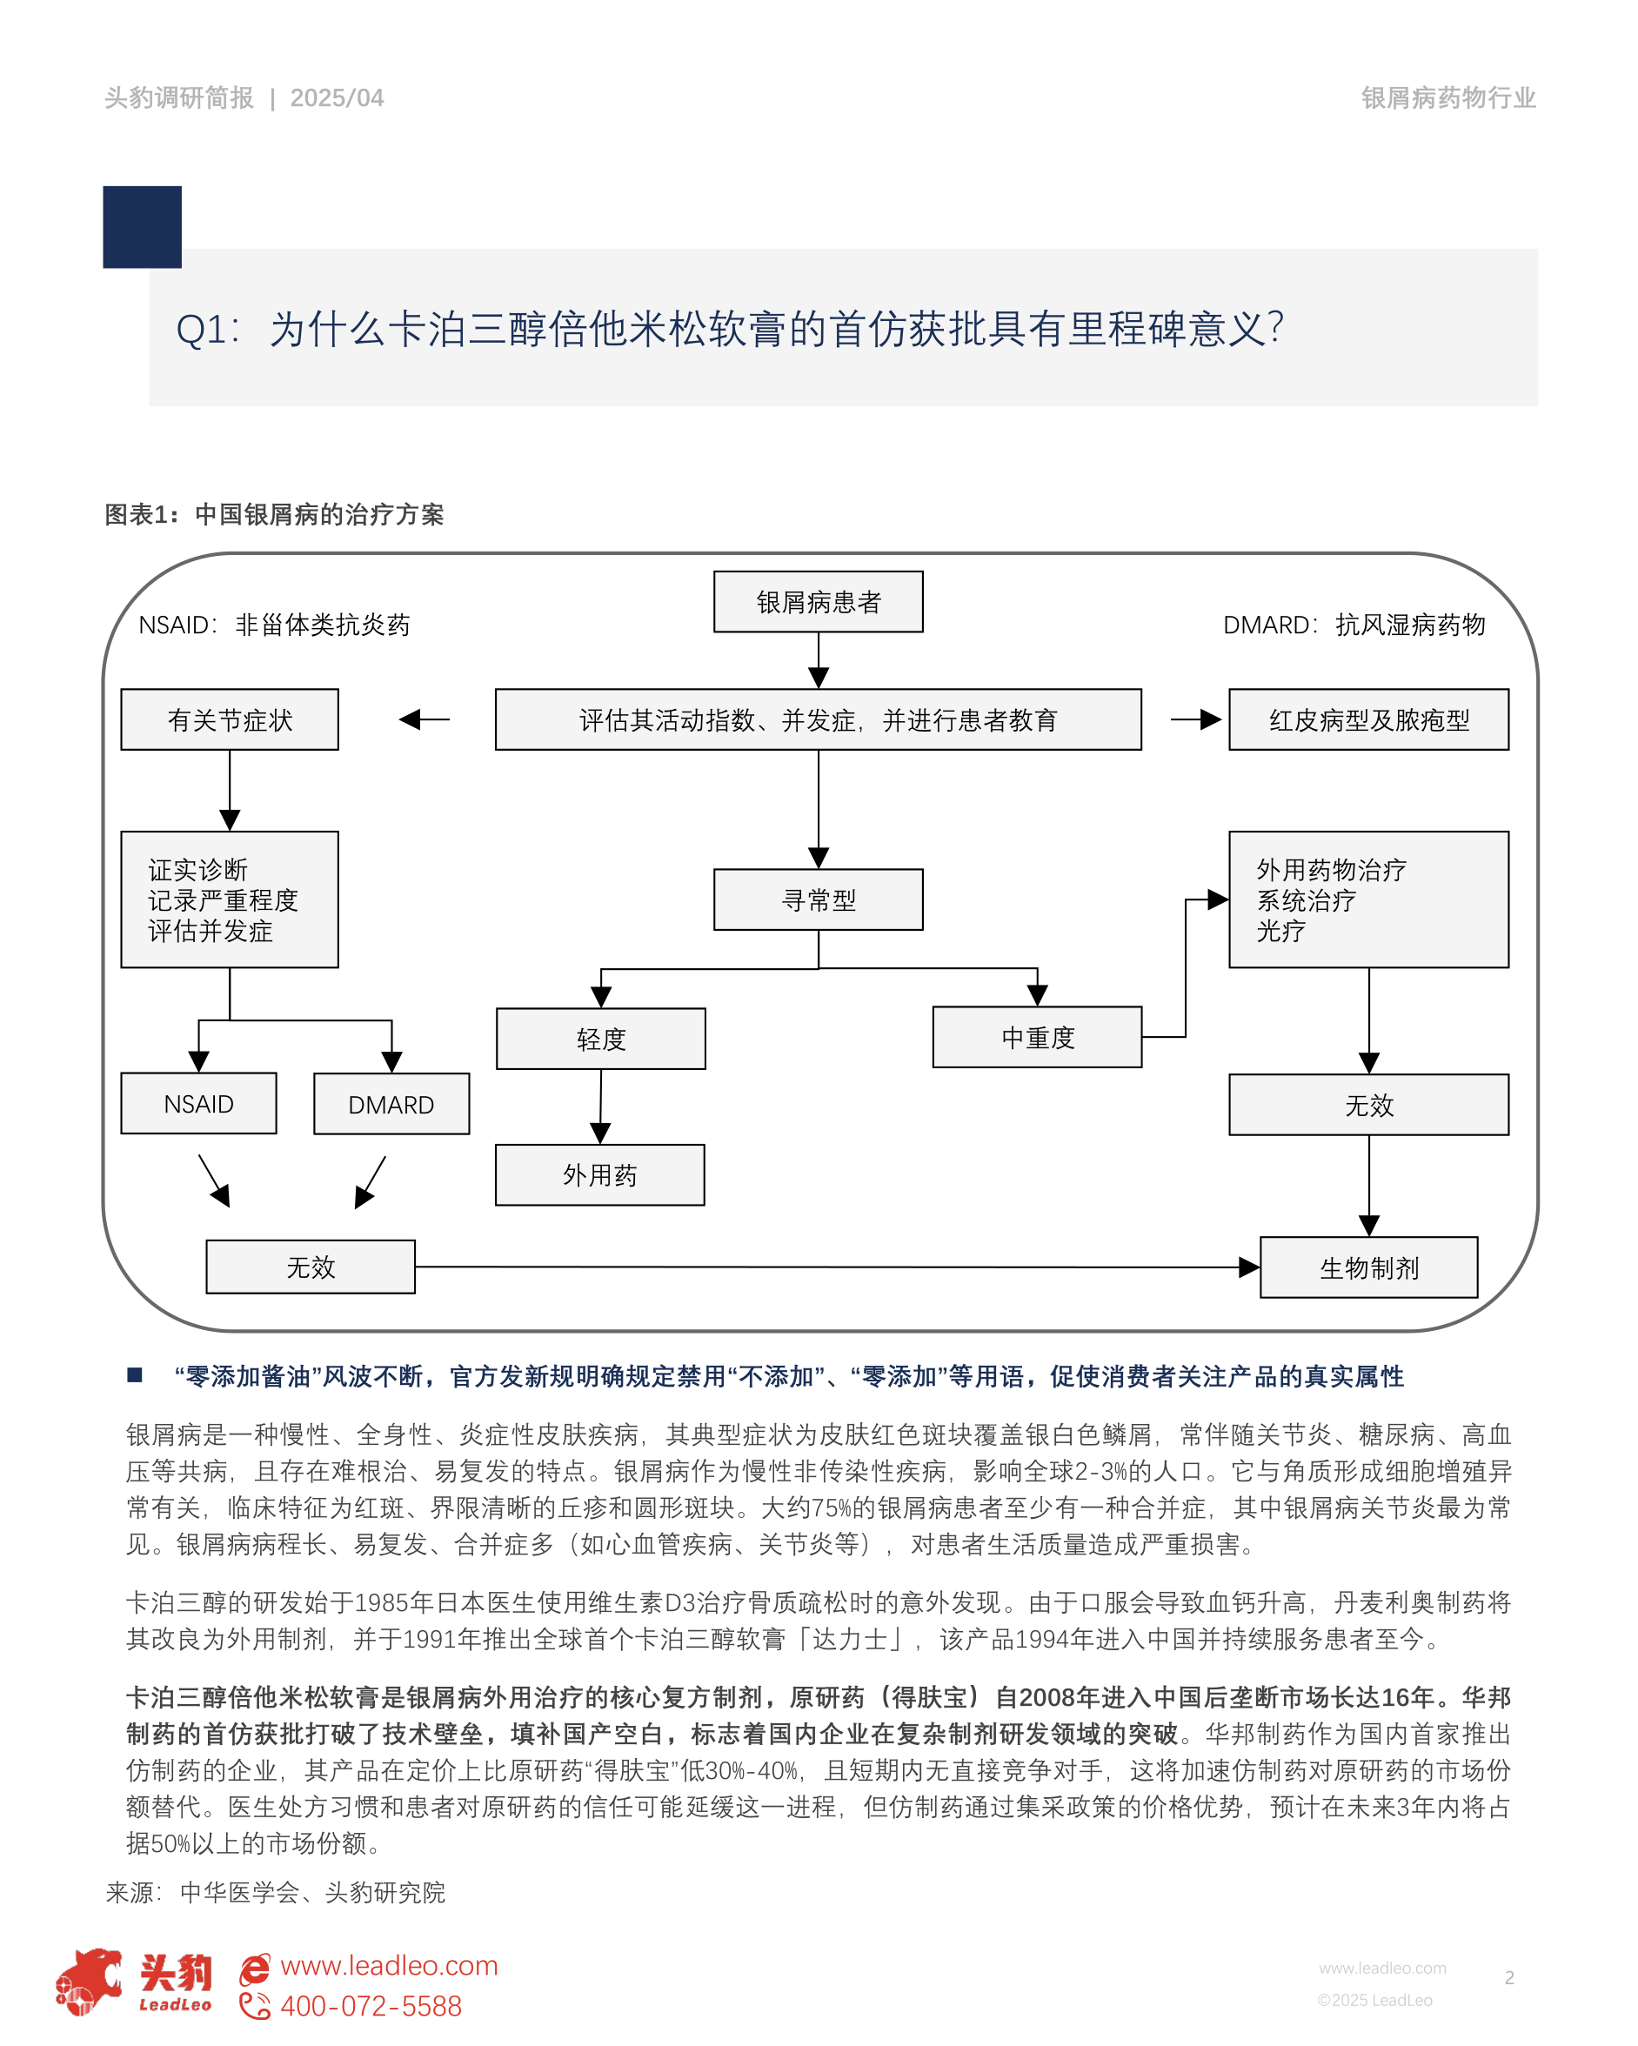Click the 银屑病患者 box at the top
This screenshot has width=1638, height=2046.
pos(818,602)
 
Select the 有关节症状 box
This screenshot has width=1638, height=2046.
pos(230,719)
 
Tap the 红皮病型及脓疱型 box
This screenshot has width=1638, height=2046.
pos(1368,719)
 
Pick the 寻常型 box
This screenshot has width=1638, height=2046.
pos(818,899)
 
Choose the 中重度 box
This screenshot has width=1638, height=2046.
pos(1037,1037)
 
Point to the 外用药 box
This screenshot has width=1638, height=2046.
pos(599,1175)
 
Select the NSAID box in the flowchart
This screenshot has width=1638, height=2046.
pos(198,1104)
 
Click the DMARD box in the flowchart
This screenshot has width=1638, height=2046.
pos(391,1105)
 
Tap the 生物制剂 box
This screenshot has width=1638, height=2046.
pos(1368,1267)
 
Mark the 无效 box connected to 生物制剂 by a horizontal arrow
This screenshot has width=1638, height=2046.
pos(311,1267)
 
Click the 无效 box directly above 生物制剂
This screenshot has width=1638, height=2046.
pos(1368,1105)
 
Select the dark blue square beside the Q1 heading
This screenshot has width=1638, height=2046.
pos(143,227)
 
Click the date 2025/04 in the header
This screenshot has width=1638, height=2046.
pos(337,97)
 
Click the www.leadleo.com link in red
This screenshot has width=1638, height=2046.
pos(389,1964)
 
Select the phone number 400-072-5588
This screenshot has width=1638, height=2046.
pos(371,2005)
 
